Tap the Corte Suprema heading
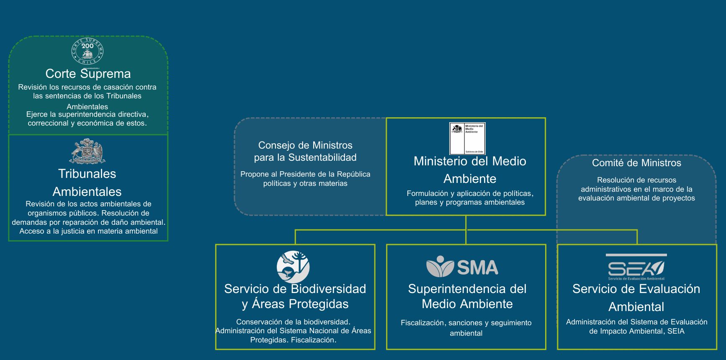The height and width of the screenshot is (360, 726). (88, 74)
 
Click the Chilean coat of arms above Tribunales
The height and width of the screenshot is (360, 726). (87, 151)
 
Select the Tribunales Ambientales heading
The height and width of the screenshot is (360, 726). (87, 183)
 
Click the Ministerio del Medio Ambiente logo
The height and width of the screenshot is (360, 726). (467, 139)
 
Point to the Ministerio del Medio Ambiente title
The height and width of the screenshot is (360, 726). (470, 170)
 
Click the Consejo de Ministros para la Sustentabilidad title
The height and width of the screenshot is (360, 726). (305, 151)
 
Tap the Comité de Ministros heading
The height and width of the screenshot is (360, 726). (636, 163)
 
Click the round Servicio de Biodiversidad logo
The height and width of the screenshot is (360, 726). (293, 267)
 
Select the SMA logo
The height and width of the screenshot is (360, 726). (462, 267)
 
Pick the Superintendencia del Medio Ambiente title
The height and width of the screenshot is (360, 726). (467, 296)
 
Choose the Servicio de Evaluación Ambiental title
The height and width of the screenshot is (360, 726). (636, 298)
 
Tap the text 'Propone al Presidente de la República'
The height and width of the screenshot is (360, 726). (305, 174)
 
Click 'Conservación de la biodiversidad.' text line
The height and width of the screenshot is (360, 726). (293, 322)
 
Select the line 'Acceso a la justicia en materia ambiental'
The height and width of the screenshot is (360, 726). (88, 231)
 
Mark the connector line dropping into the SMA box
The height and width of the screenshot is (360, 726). (466, 237)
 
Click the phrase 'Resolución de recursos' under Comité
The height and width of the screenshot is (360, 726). (636, 180)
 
